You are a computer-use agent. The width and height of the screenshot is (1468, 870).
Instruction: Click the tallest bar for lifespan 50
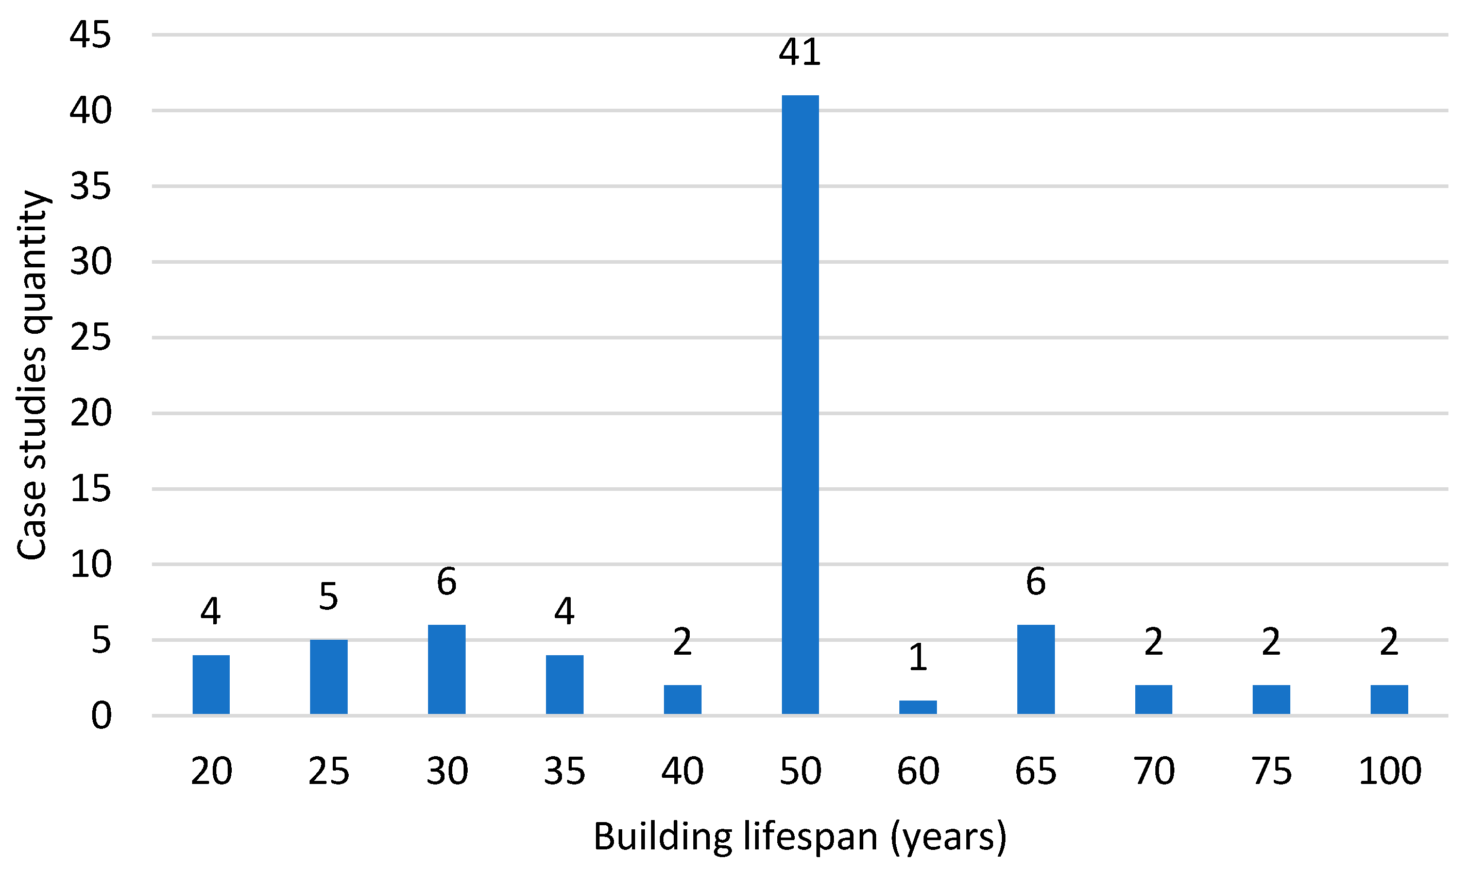[x=800, y=404]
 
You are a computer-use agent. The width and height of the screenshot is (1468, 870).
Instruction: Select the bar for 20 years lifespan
[x=211, y=685]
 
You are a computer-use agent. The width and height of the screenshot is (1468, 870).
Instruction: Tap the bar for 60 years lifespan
[x=918, y=707]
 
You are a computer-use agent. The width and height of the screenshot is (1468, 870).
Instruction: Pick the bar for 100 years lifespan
[x=1389, y=700]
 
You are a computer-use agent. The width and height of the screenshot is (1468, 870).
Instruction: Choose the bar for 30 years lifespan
[x=447, y=670]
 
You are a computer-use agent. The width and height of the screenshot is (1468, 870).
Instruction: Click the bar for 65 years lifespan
[x=1036, y=670]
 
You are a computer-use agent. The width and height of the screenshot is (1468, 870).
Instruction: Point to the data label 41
[x=799, y=52]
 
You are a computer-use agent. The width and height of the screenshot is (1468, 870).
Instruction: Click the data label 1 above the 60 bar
[x=918, y=657]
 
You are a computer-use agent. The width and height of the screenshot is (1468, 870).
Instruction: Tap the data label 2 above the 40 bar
[x=682, y=642]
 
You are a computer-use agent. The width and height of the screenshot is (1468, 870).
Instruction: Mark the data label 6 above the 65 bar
[x=1036, y=582]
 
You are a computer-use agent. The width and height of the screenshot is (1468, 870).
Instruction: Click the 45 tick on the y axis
[x=90, y=35]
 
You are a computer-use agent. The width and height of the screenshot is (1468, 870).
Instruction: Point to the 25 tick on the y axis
[x=90, y=338]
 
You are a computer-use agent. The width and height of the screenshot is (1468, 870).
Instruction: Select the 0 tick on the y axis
[x=101, y=717]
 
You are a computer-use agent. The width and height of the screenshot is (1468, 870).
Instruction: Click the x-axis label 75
[x=1272, y=772]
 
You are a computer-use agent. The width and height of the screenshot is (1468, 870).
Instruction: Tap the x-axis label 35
[x=565, y=772]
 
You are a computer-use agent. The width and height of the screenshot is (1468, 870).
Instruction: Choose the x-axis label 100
[x=1389, y=772]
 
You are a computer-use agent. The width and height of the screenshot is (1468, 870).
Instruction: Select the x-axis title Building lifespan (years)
[x=799, y=837]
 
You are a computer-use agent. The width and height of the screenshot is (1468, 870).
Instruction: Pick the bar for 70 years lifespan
[x=1154, y=700]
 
